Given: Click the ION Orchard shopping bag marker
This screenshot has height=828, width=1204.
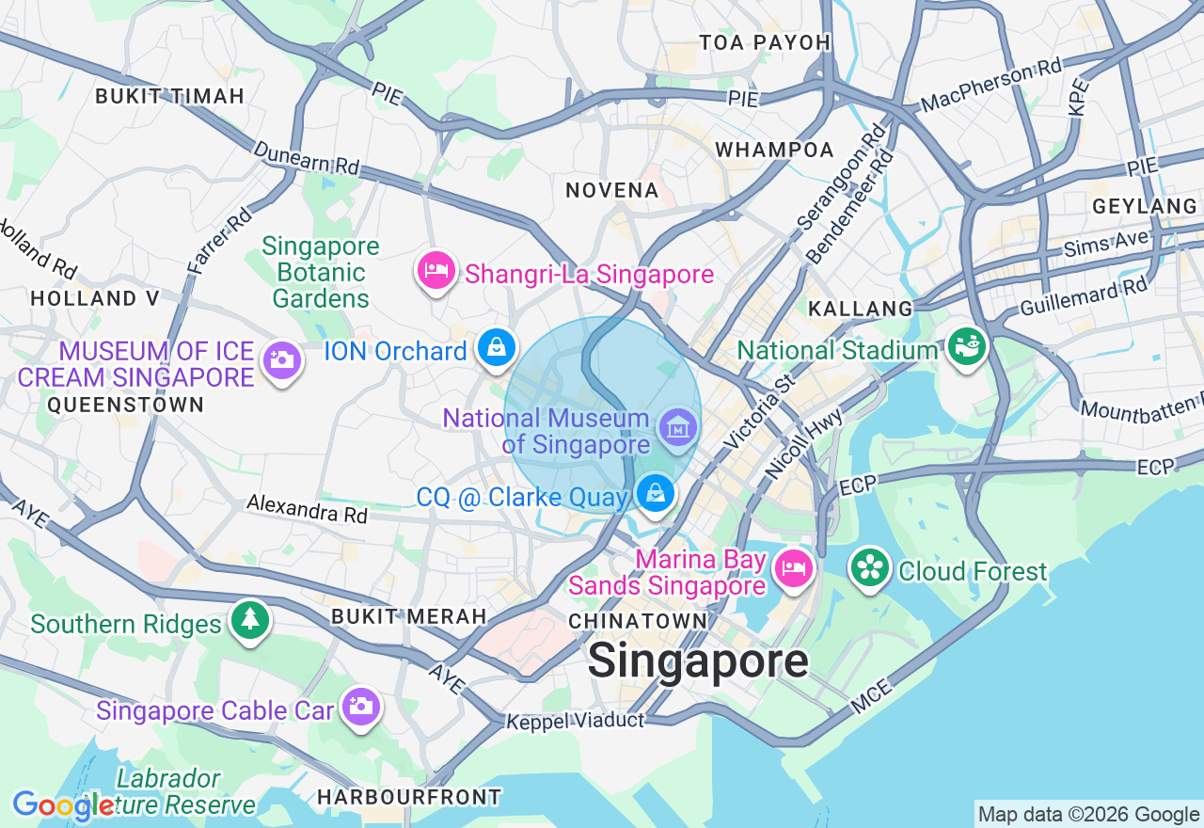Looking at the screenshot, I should click(496, 347).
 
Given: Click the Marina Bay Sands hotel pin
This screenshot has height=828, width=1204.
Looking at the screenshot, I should click(792, 568).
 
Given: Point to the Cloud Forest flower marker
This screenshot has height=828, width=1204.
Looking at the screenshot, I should click(870, 567).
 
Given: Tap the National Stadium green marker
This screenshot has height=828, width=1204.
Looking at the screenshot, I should click(965, 346).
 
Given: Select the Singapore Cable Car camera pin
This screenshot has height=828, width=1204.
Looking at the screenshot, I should click(360, 706).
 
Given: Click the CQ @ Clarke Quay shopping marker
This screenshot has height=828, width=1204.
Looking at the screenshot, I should click(656, 492).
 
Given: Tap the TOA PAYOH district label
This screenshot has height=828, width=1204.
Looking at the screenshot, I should click(765, 42).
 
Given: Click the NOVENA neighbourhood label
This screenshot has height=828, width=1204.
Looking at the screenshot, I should click(611, 191).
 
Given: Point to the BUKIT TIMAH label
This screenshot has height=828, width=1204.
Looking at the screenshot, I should click(169, 96).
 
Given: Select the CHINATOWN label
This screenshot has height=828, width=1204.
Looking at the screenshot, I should click(638, 621).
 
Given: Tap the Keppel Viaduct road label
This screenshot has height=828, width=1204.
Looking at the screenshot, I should click(575, 722).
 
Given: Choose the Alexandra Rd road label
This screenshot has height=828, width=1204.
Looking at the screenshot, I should click(307, 509).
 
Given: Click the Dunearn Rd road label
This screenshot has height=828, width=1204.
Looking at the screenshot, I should click(306, 157).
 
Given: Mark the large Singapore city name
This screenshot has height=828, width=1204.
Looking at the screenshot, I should click(697, 661).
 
